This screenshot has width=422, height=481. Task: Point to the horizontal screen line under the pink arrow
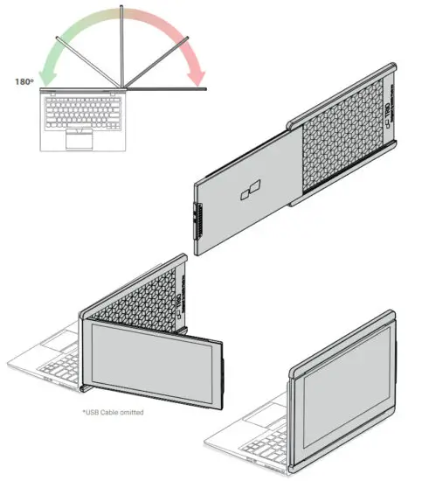point(166,89)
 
